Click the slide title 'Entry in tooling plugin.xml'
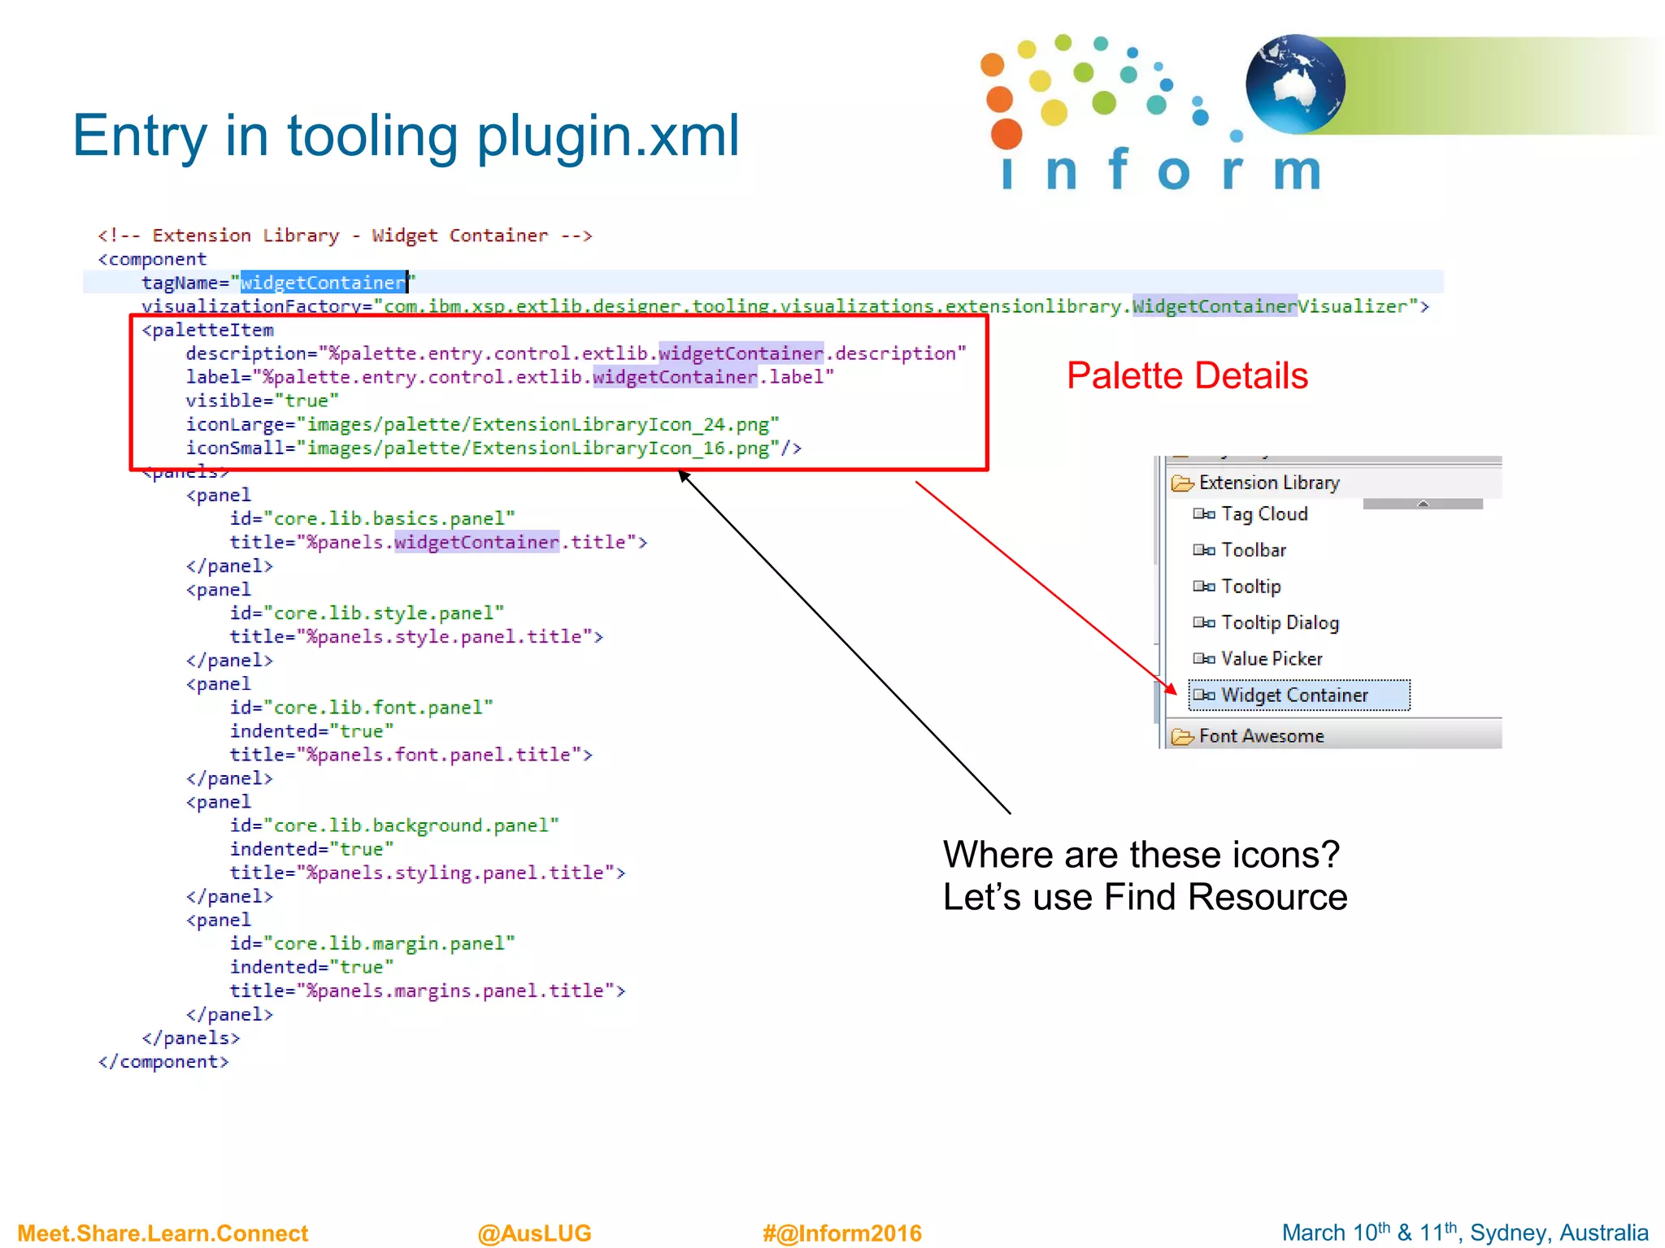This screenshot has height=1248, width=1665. click(x=406, y=136)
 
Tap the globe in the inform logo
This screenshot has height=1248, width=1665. click(x=1294, y=84)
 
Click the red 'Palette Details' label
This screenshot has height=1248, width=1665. click(x=1186, y=376)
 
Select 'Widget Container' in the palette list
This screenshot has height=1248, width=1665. click(x=1294, y=695)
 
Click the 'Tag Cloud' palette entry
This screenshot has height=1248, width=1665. click(x=1263, y=514)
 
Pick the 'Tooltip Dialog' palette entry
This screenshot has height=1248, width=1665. click(x=1279, y=623)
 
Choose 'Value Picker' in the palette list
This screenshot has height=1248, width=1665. click(x=1271, y=659)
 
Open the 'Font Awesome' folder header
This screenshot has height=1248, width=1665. click(x=1261, y=736)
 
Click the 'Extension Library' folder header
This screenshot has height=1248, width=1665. click(x=1268, y=483)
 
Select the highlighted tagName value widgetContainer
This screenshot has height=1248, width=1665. click(x=323, y=283)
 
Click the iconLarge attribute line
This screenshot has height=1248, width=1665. click(x=482, y=425)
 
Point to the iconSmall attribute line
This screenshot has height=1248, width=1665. click(x=493, y=448)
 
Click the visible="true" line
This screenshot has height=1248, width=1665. click(x=262, y=401)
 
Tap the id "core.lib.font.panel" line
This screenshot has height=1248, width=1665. click(x=361, y=708)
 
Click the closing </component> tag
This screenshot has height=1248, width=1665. click(x=163, y=1062)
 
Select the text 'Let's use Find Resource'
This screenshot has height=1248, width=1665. click(x=1144, y=898)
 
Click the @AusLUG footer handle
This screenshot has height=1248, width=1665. click(x=534, y=1233)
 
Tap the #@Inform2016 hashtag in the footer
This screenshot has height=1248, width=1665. click(x=841, y=1233)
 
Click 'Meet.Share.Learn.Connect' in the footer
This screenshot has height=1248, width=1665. click(x=163, y=1233)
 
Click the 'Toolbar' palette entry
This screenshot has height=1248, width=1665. click(x=1253, y=551)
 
